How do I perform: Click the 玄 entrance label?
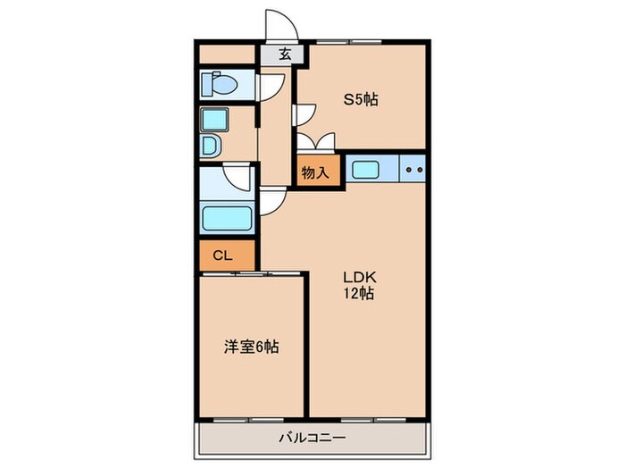click(x=284, y=54)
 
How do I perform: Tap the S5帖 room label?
click(x=362, y=99)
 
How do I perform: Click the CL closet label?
click(x=222, y=255)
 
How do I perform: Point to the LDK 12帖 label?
click(x=359, y=285)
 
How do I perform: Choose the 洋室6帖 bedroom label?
click(x=250, y=347)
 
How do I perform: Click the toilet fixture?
click(x=219, y=85)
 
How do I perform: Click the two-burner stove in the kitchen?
click(x=412, y=168)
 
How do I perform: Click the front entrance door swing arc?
click(x=278, y=25)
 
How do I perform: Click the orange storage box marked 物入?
click(x=318, y=172)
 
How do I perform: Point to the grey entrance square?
click(x=283, y=54)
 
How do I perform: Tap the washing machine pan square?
click(x=214, y=120)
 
